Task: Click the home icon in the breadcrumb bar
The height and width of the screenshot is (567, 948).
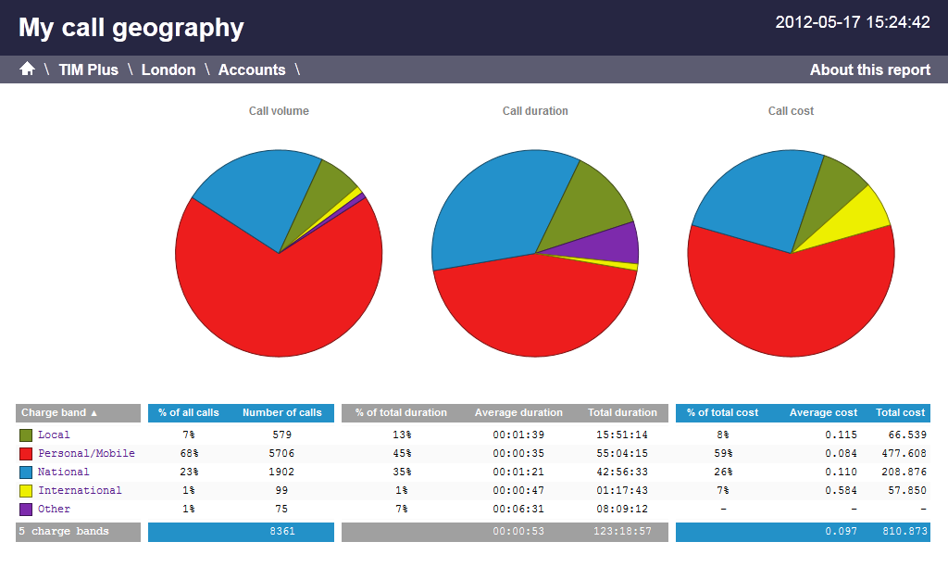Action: point(27,69)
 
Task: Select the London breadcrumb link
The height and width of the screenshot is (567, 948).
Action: point(168,69)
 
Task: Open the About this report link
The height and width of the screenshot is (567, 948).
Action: point(869,69)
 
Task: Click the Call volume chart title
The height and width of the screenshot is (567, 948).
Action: point(279,111)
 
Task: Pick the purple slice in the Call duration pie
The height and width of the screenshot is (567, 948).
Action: point(615,243)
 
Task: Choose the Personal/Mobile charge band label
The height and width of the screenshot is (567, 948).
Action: point(86,454)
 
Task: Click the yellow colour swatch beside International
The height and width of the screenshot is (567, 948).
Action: point(26,491)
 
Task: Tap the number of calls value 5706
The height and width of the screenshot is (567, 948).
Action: point(282,454)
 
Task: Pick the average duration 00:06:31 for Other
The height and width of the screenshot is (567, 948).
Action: point(518,510)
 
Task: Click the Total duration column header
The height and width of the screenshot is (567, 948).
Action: point(622,413)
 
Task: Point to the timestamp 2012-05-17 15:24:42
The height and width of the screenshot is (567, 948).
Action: point(853,22)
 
